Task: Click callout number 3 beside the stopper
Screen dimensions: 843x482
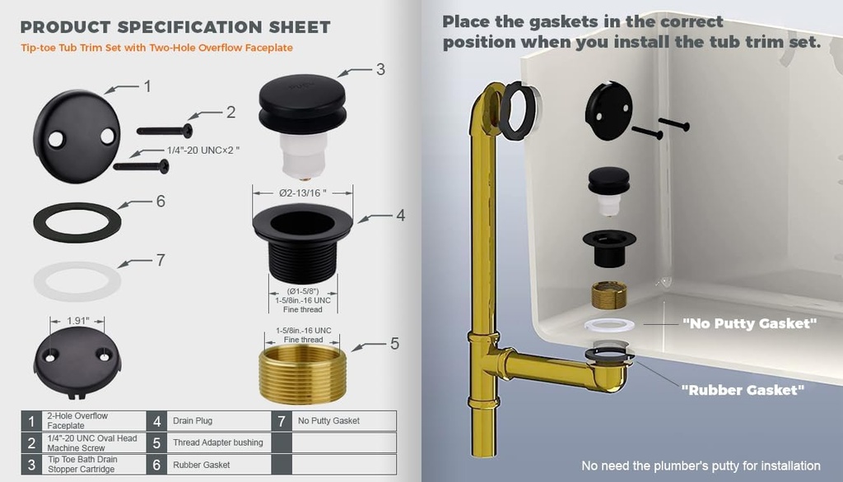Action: click(380, 69)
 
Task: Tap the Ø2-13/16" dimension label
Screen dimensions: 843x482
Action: click(303, 193)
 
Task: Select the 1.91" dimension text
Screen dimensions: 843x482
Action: click(77, 321)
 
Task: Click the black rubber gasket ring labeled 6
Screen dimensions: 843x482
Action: click(77, 222)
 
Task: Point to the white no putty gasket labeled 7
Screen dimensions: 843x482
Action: click(77, 281)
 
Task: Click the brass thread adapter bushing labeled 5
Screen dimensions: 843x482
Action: click(303, 374)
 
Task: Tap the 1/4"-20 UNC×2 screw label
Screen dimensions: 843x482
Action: click(203, 151)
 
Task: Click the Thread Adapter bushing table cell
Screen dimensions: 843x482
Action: click(217, 443)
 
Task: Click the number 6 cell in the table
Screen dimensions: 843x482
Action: click(156, 465)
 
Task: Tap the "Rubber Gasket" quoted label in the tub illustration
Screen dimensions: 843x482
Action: click(743, 390)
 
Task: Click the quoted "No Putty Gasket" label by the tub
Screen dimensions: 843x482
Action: click(749, 323)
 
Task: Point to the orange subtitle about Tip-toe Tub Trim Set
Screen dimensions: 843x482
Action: click(156, 48)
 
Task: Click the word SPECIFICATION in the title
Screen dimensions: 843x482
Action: click(190, 27)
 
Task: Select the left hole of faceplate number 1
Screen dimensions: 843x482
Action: click(56, 140)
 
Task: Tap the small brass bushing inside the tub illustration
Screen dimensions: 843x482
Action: click(609, 295)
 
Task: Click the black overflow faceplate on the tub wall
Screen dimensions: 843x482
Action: click(608, 111)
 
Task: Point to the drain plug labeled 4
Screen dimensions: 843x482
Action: click(303, 243)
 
